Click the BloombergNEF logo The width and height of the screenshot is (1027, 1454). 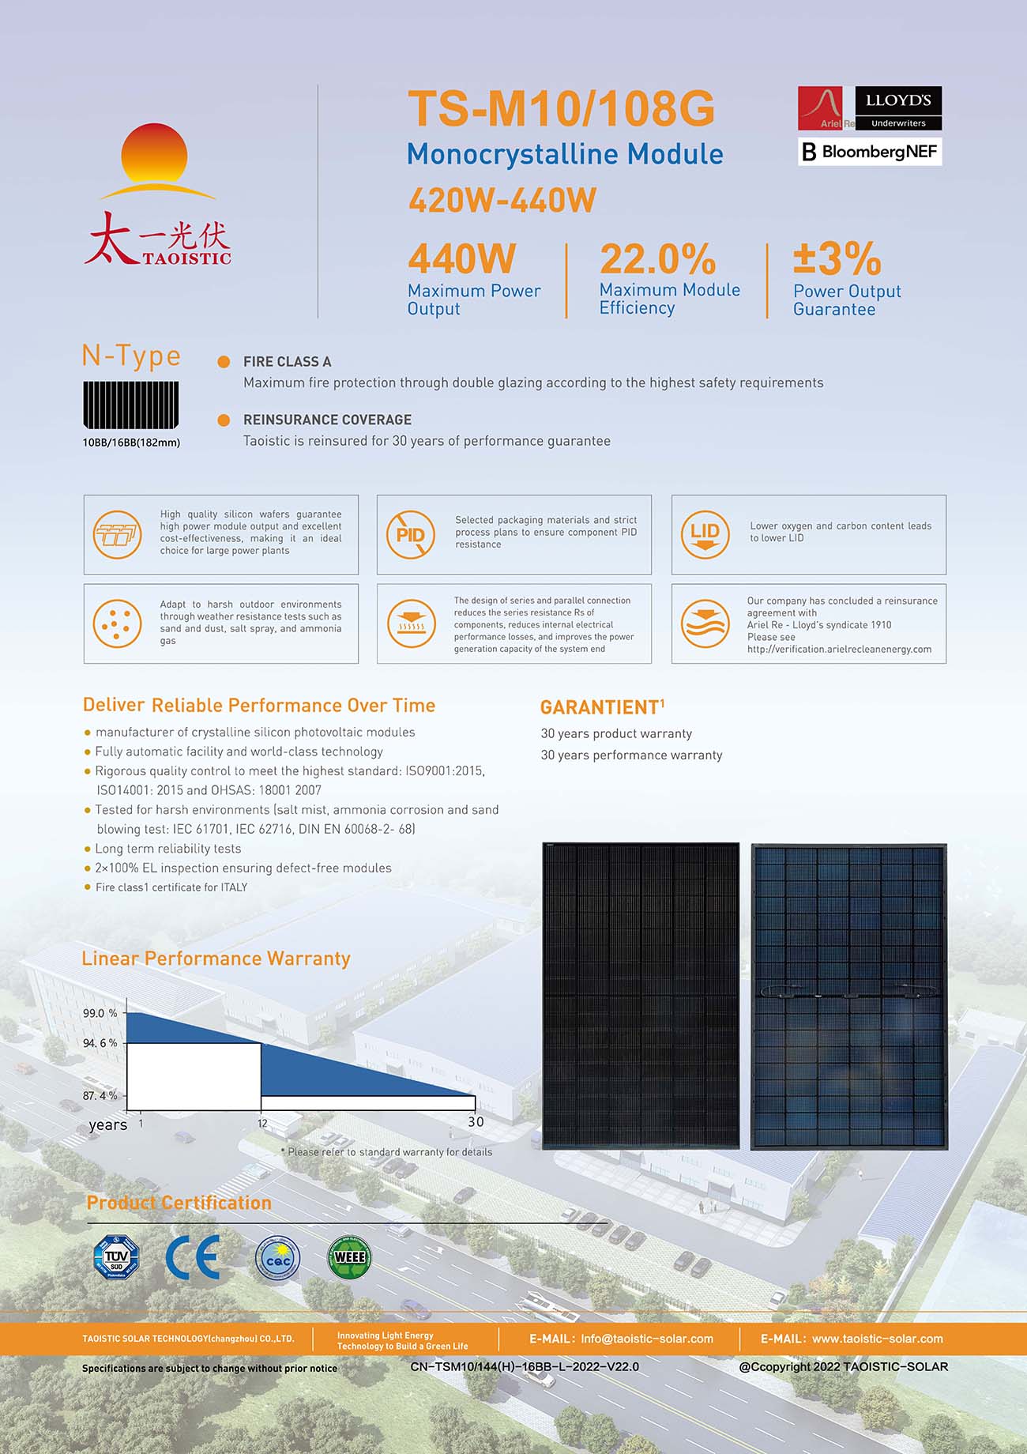tap(870, 152)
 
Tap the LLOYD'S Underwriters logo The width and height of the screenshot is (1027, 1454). tap(898, 108)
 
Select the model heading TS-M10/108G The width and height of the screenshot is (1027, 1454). tap(561, 108)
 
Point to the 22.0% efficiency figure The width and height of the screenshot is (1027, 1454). tap(657, 258)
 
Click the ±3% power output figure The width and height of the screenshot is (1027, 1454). tap(837, 258)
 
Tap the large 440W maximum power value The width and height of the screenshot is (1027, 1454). tap(461, 258)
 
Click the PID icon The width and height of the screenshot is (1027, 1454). tap(411, 535)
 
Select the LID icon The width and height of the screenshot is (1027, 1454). tap(705, 535)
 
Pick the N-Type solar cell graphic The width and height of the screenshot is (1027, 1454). tap(130, 405)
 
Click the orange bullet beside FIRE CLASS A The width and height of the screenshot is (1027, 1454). tap(224, 362)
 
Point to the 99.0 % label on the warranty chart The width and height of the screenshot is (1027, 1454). tap(100, 1013)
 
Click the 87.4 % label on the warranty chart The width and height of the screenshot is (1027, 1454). tap(100, 1096)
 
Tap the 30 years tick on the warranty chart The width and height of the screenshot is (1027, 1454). tap(476, 1122)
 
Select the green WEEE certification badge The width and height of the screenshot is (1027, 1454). tap(349, 1256)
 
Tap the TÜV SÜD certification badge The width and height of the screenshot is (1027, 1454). tap(116, 1257)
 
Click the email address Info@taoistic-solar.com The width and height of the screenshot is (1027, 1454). tap(647, 1339)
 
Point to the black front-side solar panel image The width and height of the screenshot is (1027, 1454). tap(641, 996)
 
